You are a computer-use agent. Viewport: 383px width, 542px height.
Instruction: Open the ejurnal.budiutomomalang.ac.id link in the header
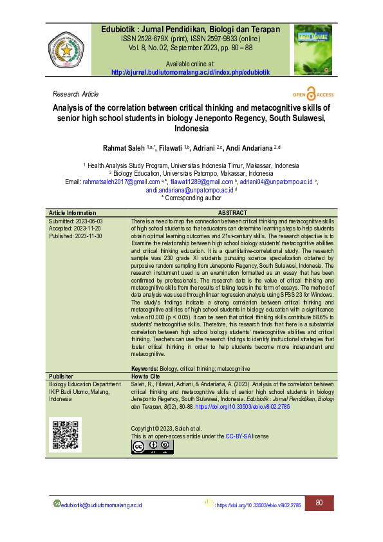pos(191,72)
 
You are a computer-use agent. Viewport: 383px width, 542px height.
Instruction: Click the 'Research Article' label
pos(76,94)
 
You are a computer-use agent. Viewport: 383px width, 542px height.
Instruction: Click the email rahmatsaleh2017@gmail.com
pos(122,182)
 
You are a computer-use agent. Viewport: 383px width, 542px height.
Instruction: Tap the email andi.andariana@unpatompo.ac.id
pos(189,190)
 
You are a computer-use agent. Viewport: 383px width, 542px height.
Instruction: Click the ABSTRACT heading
pos(232,212)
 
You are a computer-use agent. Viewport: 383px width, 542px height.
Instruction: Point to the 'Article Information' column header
pos(73,212)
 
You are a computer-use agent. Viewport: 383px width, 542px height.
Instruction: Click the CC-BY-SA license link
pos(238,436)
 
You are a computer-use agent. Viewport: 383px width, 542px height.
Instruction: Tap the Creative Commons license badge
pos(152,446)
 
